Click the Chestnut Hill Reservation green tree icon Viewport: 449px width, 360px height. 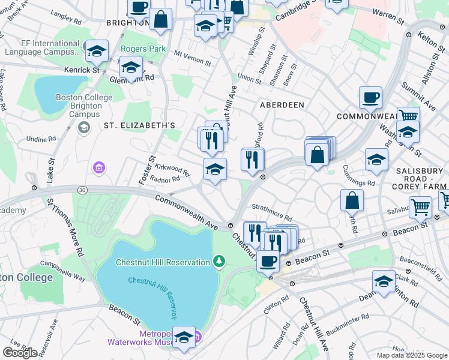click(220, 261)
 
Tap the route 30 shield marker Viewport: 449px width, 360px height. click(82, 190)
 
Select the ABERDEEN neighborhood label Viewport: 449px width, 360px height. click(282, 104)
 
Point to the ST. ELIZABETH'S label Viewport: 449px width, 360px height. click(139, 125)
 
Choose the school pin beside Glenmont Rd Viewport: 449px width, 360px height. click(131, 67)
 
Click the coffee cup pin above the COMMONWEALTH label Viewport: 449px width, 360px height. click(370, 97)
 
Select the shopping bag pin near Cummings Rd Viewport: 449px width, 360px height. click(352, 200)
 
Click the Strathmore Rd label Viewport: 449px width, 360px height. click(271, 220)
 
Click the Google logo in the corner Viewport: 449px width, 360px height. click(20, 353)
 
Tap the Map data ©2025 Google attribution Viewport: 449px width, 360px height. click(411, 355)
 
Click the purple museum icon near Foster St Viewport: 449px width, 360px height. click(98, 169)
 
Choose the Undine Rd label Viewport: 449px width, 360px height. click(41, 139)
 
